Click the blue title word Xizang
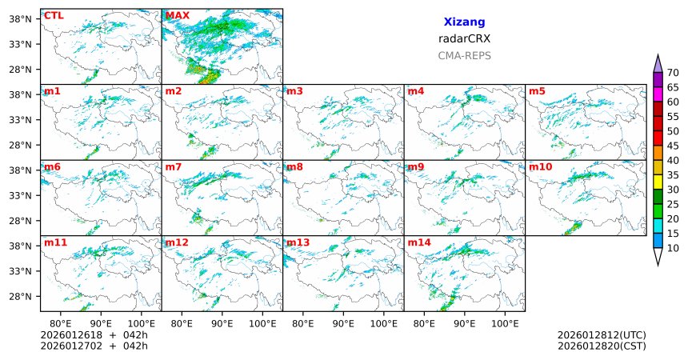(464, 22)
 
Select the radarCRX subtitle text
(464, 38)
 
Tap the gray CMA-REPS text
(464, 56)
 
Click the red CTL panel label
(54, 15)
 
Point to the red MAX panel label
(178, 15)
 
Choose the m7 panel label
(174, 167)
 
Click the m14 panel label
(419, 242)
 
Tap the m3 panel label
(294, 91)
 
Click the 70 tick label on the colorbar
(673, 72)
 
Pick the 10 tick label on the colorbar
(673, 249)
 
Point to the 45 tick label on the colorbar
(673, 146)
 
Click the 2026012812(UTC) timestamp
(601, 335)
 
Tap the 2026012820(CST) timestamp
(601, 346)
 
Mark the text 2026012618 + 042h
(94, 335)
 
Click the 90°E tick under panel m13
(343, 324)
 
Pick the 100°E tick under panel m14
(506, 324)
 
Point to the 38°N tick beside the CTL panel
(19, 18)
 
